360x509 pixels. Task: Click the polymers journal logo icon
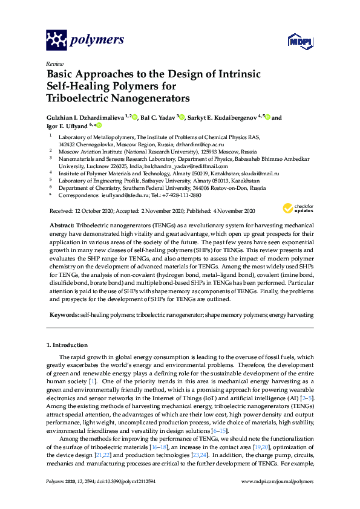point(56,40)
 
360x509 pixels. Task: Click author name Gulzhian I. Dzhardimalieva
point(86,118)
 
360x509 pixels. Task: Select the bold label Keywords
point(63,314)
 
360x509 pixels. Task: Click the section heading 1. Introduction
point(67,345)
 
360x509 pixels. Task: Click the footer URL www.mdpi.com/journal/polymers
point(277,498)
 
